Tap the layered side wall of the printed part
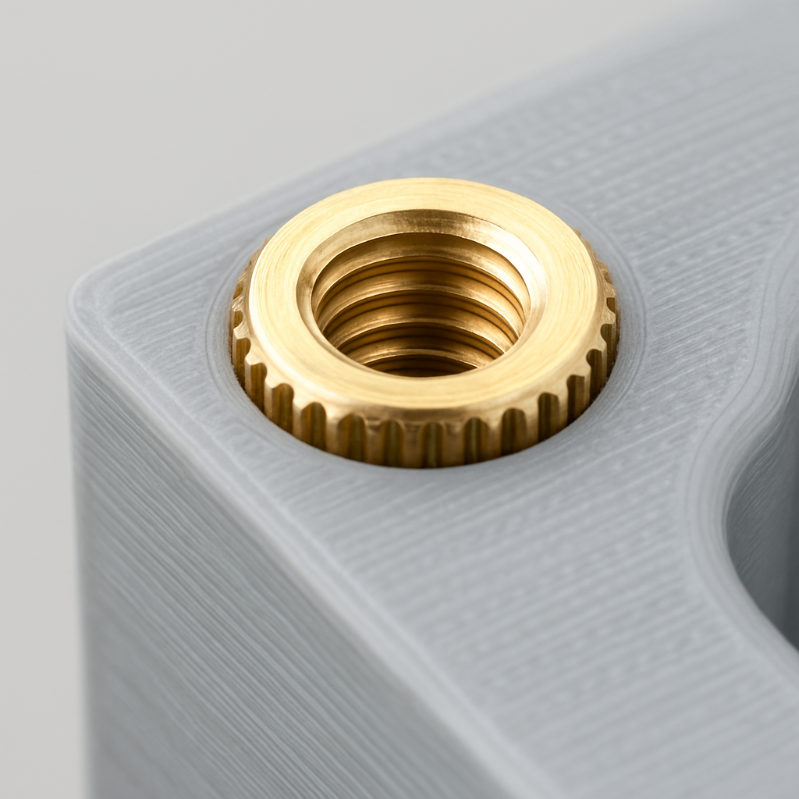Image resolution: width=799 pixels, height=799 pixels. [x=195, y=585]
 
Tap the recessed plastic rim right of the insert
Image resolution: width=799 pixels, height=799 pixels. [x=628, y=328]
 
